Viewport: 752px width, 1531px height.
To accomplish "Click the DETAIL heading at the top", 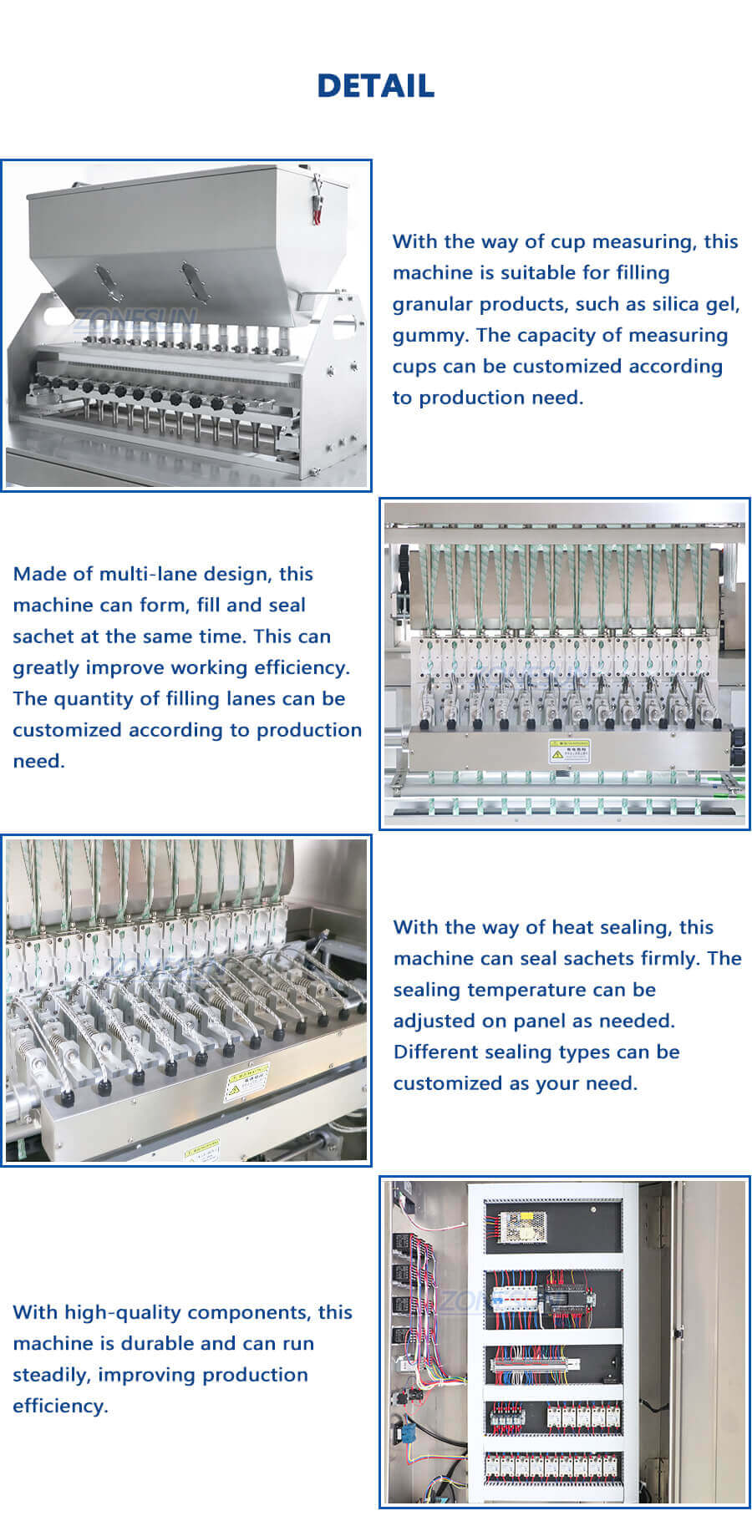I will (x=375, y=85).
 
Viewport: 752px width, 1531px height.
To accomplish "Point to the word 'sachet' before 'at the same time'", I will (x=43, y=636).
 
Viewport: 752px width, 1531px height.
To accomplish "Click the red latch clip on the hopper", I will (x=318, y=200).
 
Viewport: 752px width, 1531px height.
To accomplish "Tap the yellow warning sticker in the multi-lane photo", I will (x=569, y=750).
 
